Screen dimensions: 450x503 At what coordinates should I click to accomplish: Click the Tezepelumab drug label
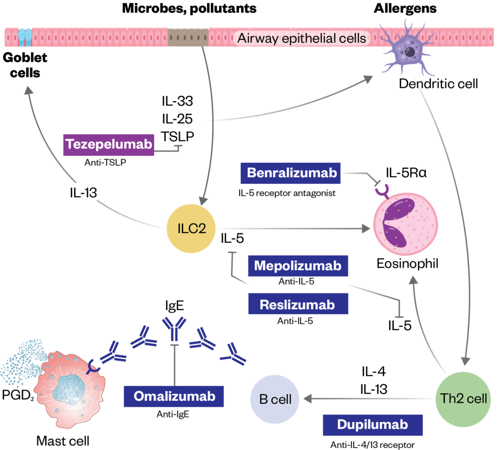click(x=109, y=144)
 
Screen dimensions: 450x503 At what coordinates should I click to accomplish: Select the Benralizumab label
click(x=292, y=173)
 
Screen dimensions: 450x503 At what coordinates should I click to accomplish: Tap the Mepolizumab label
click(x=297, y=266)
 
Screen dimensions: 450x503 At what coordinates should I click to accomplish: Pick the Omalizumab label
click(x=174, y=396)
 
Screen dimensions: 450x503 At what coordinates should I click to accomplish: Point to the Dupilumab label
click(x=372, y=425)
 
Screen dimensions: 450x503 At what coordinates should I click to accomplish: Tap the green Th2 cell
click(x=464, y=398)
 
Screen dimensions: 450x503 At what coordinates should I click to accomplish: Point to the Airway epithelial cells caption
click(x=302, y=38)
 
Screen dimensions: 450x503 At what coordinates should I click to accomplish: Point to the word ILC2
click(x=192, y=229)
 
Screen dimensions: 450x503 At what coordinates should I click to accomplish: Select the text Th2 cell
click(x=464, y=398)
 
